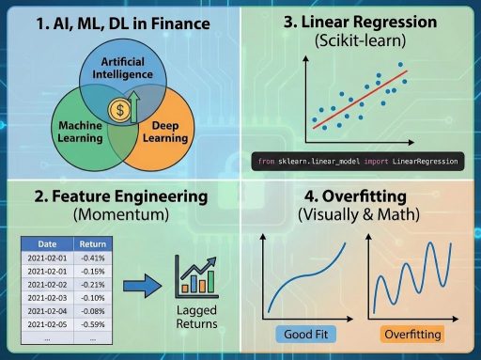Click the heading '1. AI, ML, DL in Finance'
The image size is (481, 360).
(119, 21)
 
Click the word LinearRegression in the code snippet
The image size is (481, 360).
(420, 162)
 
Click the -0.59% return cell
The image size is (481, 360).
(91, 324)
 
